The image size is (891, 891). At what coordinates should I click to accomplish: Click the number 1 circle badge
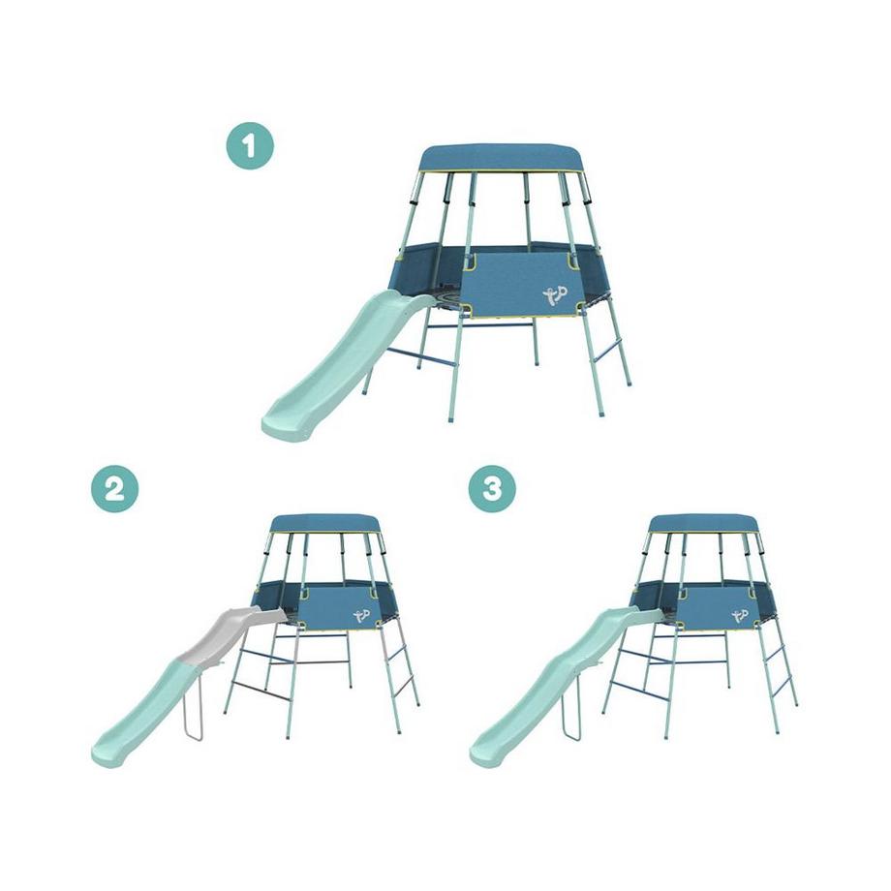point(250,146)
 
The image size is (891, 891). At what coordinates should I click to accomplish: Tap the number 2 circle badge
point(115,488)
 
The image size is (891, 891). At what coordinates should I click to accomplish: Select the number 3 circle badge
point(492,488)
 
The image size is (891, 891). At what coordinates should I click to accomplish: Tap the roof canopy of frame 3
point(704,524)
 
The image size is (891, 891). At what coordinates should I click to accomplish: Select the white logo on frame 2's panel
point(361,615)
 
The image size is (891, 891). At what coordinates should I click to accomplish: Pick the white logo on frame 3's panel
point(740,615)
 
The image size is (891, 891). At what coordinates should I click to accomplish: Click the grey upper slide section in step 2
point(228,633)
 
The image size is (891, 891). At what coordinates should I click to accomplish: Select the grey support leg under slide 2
point(192,705)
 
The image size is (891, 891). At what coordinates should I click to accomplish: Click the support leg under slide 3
point(570,705)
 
